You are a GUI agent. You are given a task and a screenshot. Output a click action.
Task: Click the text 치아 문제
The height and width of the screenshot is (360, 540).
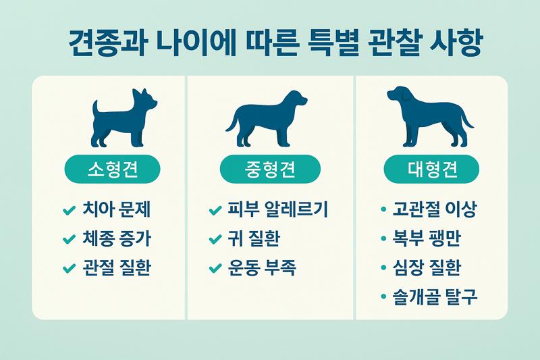point(115,210)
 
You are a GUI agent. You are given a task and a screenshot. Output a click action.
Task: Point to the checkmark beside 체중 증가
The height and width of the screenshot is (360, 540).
point(67,240)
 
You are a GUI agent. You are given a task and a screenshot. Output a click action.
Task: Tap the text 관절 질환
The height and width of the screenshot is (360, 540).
point(115,268)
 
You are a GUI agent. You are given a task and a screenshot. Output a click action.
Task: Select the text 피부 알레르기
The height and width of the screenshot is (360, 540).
point(277,210)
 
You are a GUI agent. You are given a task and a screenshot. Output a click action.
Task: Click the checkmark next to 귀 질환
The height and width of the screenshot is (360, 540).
point(215,240)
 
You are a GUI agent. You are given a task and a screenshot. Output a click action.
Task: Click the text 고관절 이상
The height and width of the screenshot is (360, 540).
point(435,210)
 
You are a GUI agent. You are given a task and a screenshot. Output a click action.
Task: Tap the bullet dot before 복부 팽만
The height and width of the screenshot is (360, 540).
point(384,240)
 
